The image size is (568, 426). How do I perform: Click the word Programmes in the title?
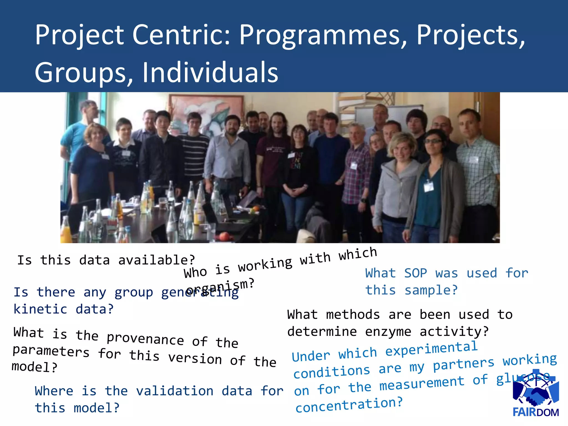pos(323,35)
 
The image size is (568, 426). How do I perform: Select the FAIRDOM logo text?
pos(536,412)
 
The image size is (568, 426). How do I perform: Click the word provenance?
pos(145,339)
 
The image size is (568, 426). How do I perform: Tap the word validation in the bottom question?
pos(175,391)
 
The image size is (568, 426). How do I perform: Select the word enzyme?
pos(388,332)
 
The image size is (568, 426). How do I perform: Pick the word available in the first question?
pos(156,260)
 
